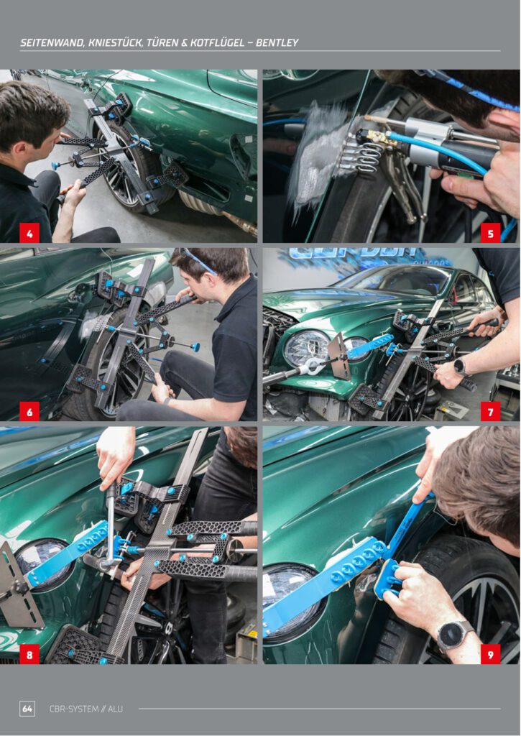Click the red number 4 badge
coord(29,233)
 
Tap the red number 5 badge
coord(491,233)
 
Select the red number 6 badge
coord(29,411)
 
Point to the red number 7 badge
coord(491,411)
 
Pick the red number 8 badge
coord(29,654)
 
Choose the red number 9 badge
coord(491,654)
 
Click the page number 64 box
coord(27,708)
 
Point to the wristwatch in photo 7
coord(461,367)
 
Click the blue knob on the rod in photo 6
coord(195,347)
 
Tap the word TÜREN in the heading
coord(160,42)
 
